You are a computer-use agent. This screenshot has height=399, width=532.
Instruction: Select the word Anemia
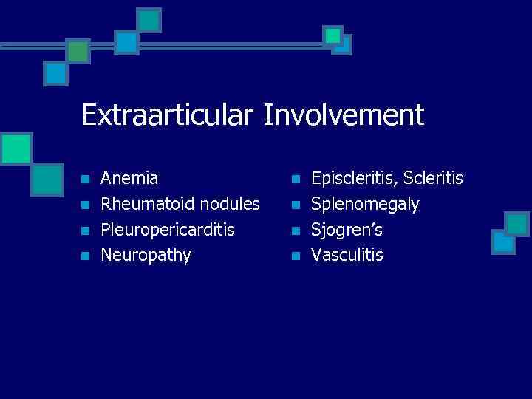click(x=129, y=178)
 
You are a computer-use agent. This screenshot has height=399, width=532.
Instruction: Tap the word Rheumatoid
click(x=143, y=204)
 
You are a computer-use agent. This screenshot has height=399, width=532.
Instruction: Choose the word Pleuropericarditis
click(x=168, y=231)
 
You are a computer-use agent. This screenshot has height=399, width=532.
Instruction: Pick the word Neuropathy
click(x=146, y=256)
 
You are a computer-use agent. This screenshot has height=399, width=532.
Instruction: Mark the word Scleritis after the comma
click(x=434, y=178)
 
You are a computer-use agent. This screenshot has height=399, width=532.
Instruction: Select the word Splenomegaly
click(x=365, y=205)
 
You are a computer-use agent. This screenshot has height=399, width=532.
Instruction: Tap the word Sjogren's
click(x=347, y=231)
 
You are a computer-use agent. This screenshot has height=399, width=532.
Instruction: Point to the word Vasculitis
click(x=347, y=256)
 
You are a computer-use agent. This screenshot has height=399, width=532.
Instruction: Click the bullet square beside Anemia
click(x=86, y=179)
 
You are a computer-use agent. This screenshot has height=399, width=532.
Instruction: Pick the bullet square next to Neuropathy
click(x=86, y=256)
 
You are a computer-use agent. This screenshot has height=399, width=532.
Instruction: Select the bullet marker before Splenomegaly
click(x=296, y=205)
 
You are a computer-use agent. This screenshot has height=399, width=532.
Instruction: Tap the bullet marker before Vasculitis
click(x=296, y=256)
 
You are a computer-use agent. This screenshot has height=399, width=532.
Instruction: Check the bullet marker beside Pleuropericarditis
click(x=86, y=231)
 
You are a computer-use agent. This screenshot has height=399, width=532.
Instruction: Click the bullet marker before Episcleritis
click(x=296, y=179)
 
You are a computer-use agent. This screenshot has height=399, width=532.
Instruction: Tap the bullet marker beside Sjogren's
click(x=296, y=231)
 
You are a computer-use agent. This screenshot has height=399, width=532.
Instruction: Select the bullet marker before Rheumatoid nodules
click(x=86, y=205)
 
